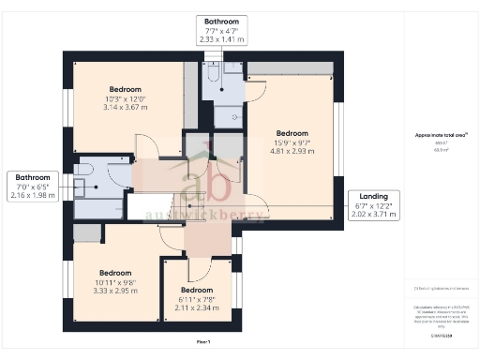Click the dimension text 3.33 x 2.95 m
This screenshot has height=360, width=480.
pyautogui.click(x=115, y=291)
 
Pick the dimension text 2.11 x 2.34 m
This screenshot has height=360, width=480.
pyautogui.click(x=197, y=306)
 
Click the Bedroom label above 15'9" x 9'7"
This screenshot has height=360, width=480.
pyautogui.click(x=292, y=132)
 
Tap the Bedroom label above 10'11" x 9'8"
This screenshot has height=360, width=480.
pyautogui.click(x=115, y=273)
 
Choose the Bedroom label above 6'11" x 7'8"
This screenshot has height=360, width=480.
pyautogui.click(x=197, y=290)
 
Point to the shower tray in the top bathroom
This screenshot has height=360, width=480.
pyautogui.click(x=226, y=114)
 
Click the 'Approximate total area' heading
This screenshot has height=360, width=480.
pyautogui.click(x=441, y=134)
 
